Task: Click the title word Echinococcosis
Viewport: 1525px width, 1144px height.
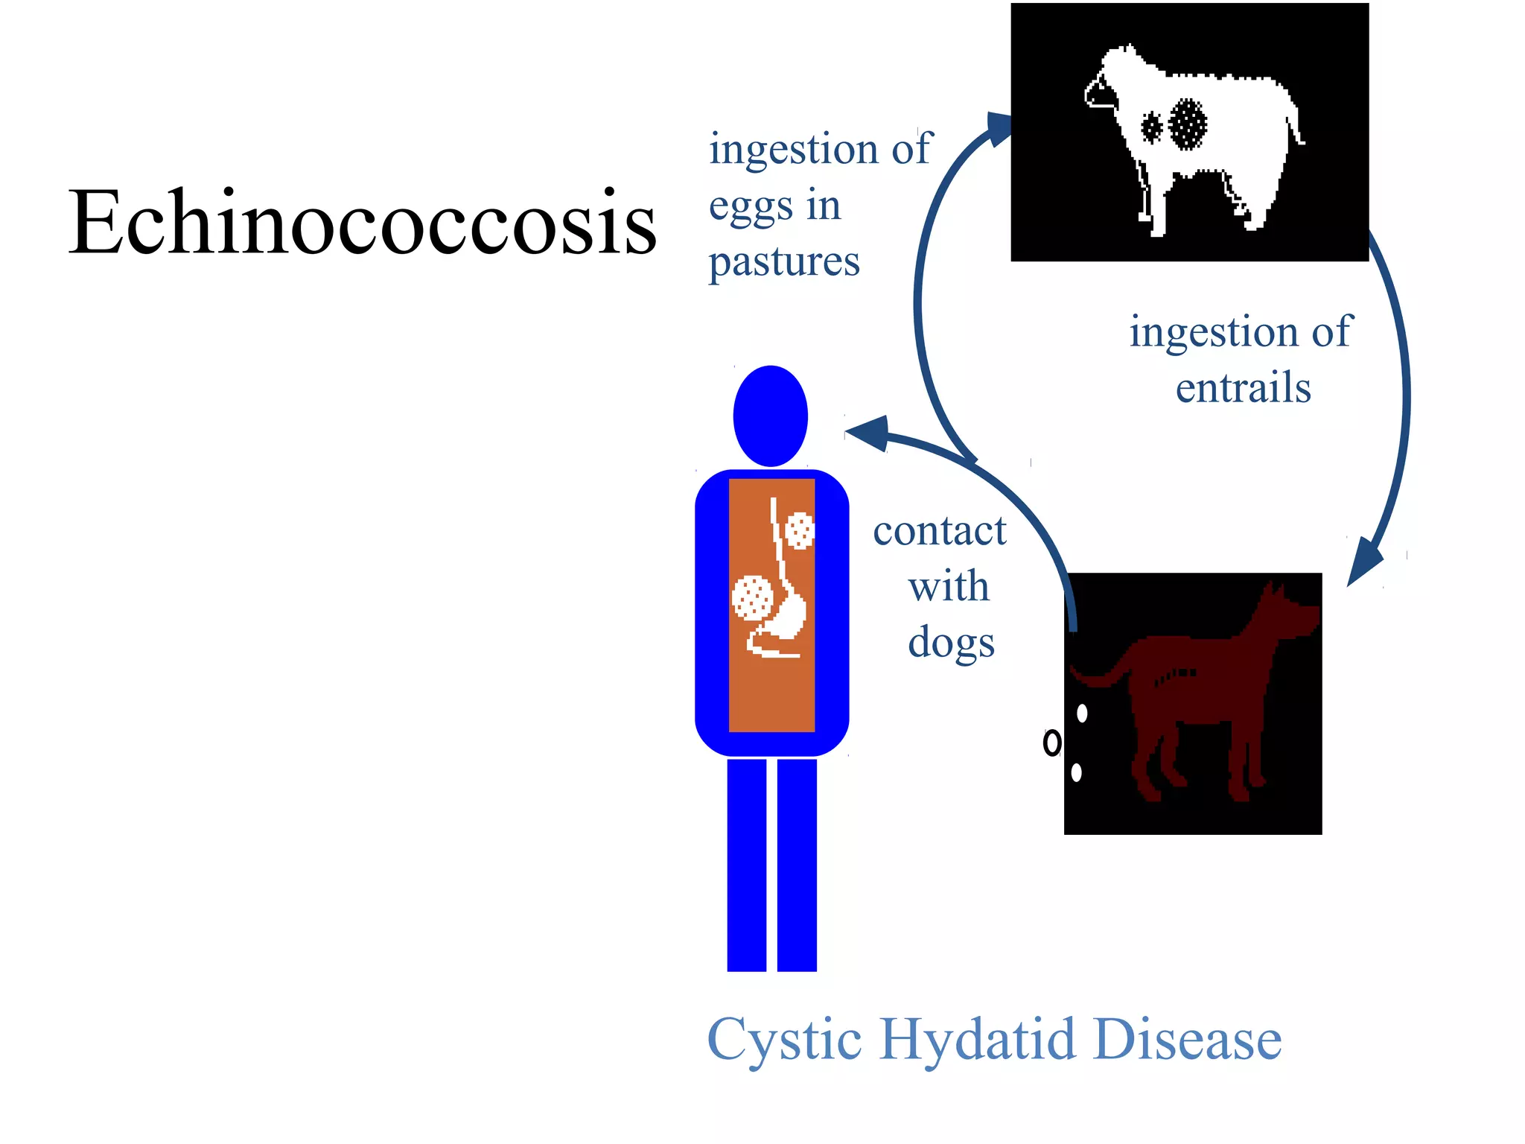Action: tap(363, 223)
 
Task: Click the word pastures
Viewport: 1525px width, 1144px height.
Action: tap(784, 262)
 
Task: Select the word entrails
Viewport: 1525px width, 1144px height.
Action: tap(1243, 388)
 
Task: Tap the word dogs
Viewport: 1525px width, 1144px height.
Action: tap(951, 642)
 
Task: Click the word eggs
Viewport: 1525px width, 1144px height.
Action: tap(751, 207)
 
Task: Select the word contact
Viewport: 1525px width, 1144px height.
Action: tap(940, 531)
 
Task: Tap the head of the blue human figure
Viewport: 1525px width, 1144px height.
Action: tap(771, 416)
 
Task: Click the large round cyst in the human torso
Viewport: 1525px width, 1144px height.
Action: tap(752, 597)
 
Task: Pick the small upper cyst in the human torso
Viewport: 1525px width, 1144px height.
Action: tap(800, 530)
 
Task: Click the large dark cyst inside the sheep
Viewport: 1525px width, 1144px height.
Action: tap(1188, 124)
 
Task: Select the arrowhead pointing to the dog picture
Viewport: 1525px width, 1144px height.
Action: tap(1364, 563)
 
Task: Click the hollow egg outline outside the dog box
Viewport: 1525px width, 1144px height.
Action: tap(1051, 743)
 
